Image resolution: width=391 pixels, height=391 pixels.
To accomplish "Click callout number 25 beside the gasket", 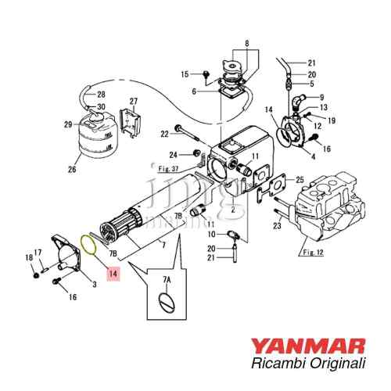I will pos(299,181).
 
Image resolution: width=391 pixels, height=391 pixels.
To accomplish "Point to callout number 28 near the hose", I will pos(101,94).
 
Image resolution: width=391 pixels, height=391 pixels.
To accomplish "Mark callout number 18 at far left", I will pos(28,258).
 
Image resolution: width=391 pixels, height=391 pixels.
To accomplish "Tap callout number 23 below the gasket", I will pos(276,227).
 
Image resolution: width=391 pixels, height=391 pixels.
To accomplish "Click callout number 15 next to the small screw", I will pos(185,74).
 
